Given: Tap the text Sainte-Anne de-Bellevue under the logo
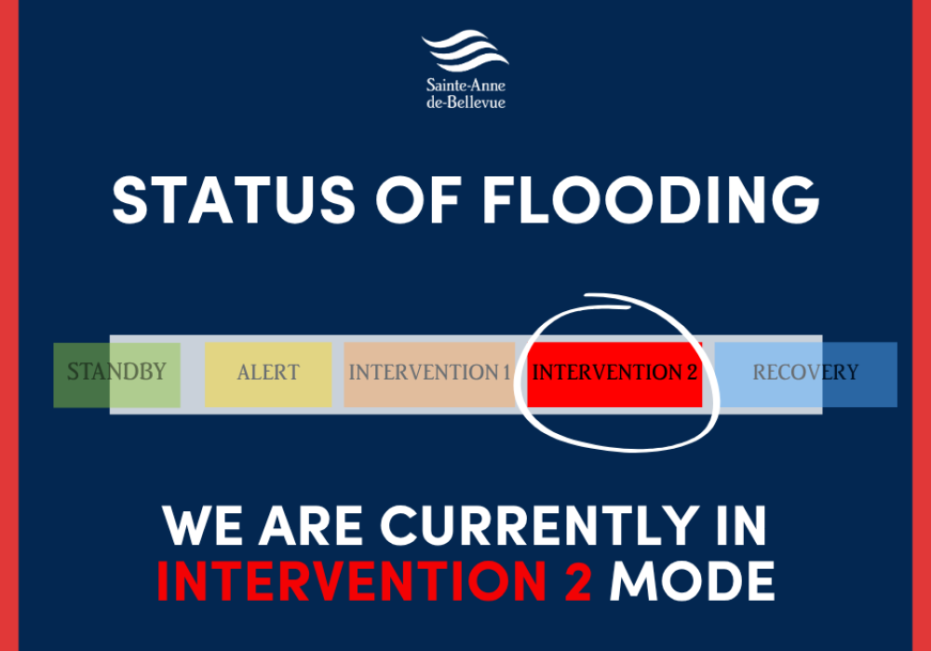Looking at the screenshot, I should (x=465, y=93).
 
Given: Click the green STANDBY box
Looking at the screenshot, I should (x=116, y=373).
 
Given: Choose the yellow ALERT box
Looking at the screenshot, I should (x=268, y=373).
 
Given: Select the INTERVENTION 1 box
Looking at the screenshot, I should (x=429, y=373).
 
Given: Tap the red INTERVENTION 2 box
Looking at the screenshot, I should (x=614, y=373).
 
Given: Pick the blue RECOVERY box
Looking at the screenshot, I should (x=805, y=373).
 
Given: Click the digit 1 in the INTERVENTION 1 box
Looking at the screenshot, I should (x=506, y=373).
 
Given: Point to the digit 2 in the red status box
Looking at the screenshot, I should (x=691, y=373).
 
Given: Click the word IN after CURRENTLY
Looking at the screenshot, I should (x=741, y=527).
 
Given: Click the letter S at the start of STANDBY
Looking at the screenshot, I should (x=73, y=373).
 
